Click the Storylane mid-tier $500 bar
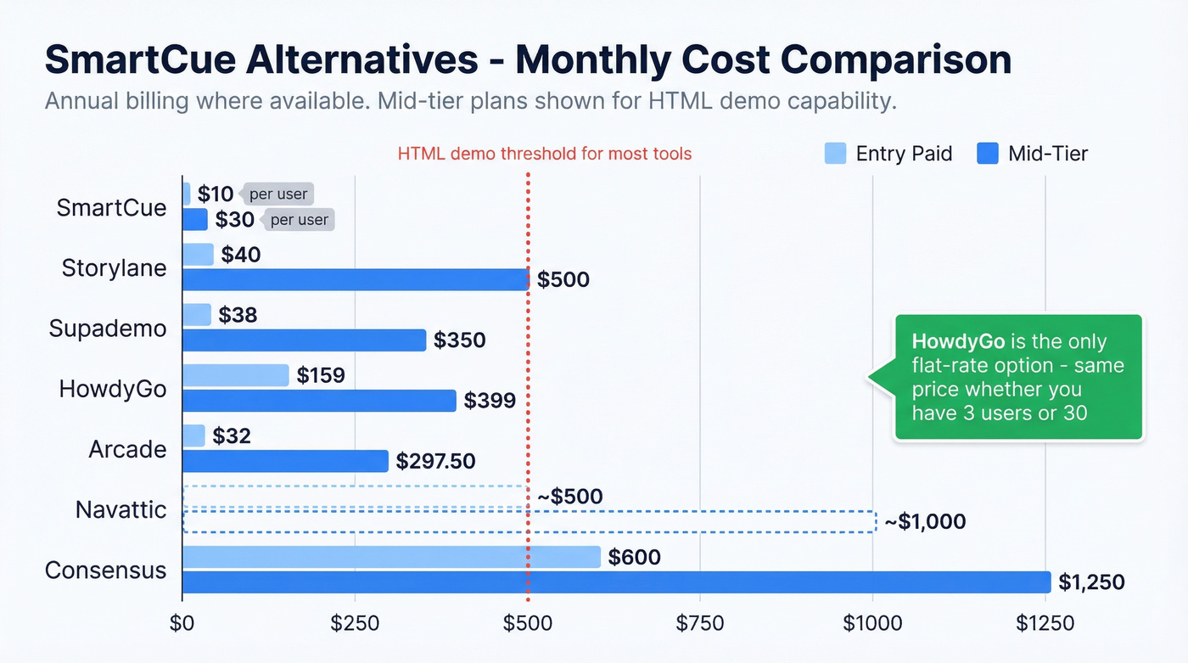tap(355, 279)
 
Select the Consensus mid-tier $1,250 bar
tap(616, 582)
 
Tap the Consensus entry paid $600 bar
tap(391, 557)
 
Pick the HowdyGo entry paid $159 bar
tap(236, 375)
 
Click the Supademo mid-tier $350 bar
tap(304, 340)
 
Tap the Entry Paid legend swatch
tap(835, 154)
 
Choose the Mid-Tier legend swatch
tap(987, 154)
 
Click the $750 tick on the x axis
tap(700, 624)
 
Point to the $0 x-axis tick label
tap(182, 624)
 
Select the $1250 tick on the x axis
tap(1045, 624)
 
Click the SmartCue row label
tap(111, 208)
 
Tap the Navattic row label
tap(120, 509)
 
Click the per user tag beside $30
tap(300, 220)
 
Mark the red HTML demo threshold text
tap(545, 154)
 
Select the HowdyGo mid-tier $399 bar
tap(319, 400)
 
